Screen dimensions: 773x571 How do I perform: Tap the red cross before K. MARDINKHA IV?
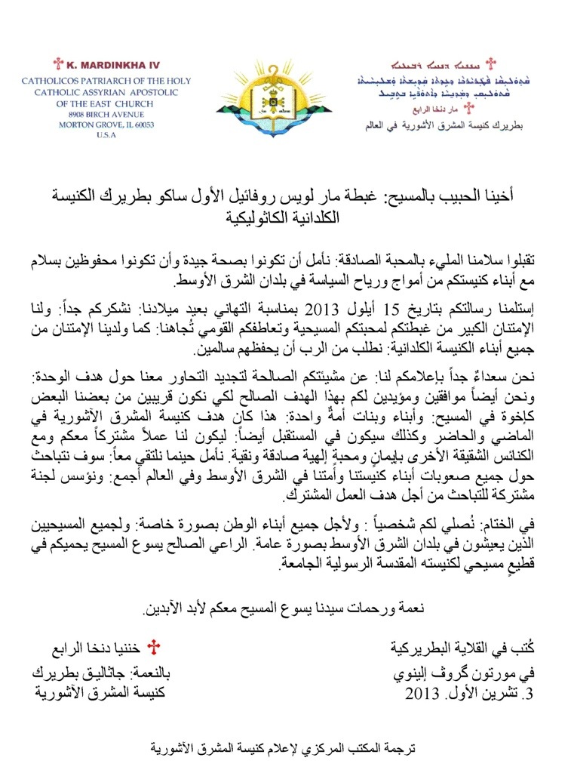pos(57,65)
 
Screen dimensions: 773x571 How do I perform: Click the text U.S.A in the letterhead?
pos(106,135)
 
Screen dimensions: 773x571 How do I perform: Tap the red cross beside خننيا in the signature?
pos(156,648)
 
